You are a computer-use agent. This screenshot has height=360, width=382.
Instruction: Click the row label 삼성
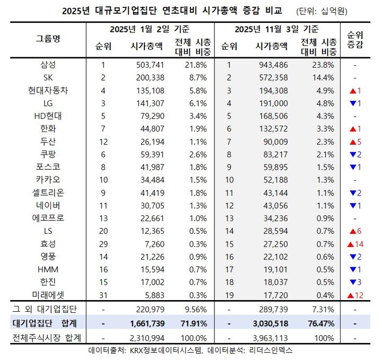(x=48, y=65)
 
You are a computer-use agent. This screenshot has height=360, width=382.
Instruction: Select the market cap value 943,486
(x=272, y=65)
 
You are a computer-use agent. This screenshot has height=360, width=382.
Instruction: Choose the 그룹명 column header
(x=48, y=38)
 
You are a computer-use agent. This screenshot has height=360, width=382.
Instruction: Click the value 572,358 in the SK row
(x=272, y=78)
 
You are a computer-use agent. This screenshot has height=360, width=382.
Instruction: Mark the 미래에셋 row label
(x=48, y=295)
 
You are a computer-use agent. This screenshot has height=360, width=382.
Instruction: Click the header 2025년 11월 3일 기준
(x=276, y=29)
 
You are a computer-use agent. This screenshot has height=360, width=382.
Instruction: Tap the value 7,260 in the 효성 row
(x=150, y=244)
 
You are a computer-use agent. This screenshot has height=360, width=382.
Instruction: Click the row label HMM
(x=48, y=269)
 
